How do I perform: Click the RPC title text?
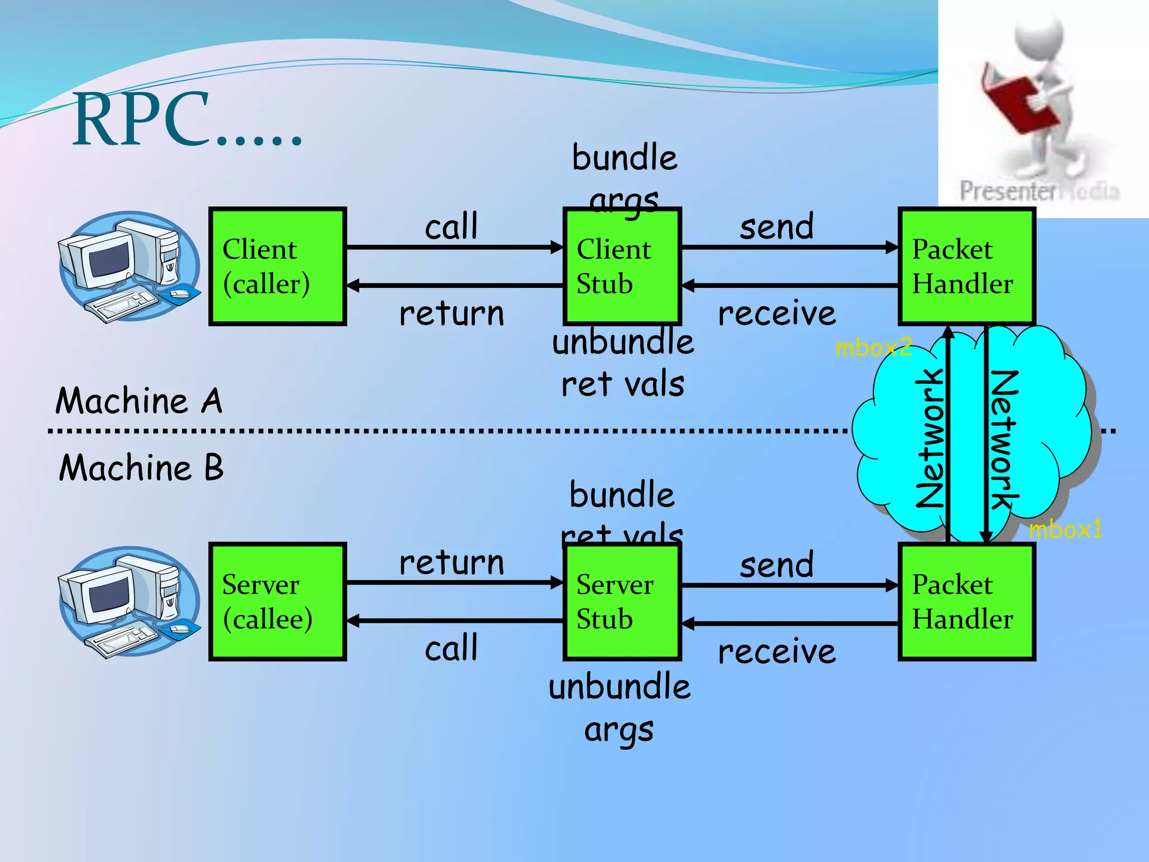coord(185,121)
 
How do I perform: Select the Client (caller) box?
coord(277,267)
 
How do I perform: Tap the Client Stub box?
coord(622,267)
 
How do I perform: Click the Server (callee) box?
coord(277,602)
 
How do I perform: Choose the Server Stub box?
coord(622,602)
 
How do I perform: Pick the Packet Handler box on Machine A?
coord(966,267)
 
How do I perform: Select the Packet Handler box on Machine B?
coord(966,602)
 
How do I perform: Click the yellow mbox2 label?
coord(872,348)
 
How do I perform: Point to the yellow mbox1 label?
coord(1065,529)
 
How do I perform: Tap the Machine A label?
coord(139,401)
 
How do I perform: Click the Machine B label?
coord(141,467)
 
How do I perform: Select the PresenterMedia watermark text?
coord(1038,191)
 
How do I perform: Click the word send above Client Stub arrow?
coord(776,227)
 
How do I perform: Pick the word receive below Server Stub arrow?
coord(776,652)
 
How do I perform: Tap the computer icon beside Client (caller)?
coord(129,267)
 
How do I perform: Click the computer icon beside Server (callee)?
coord(129,602)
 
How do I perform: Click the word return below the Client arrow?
coord(452,313)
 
